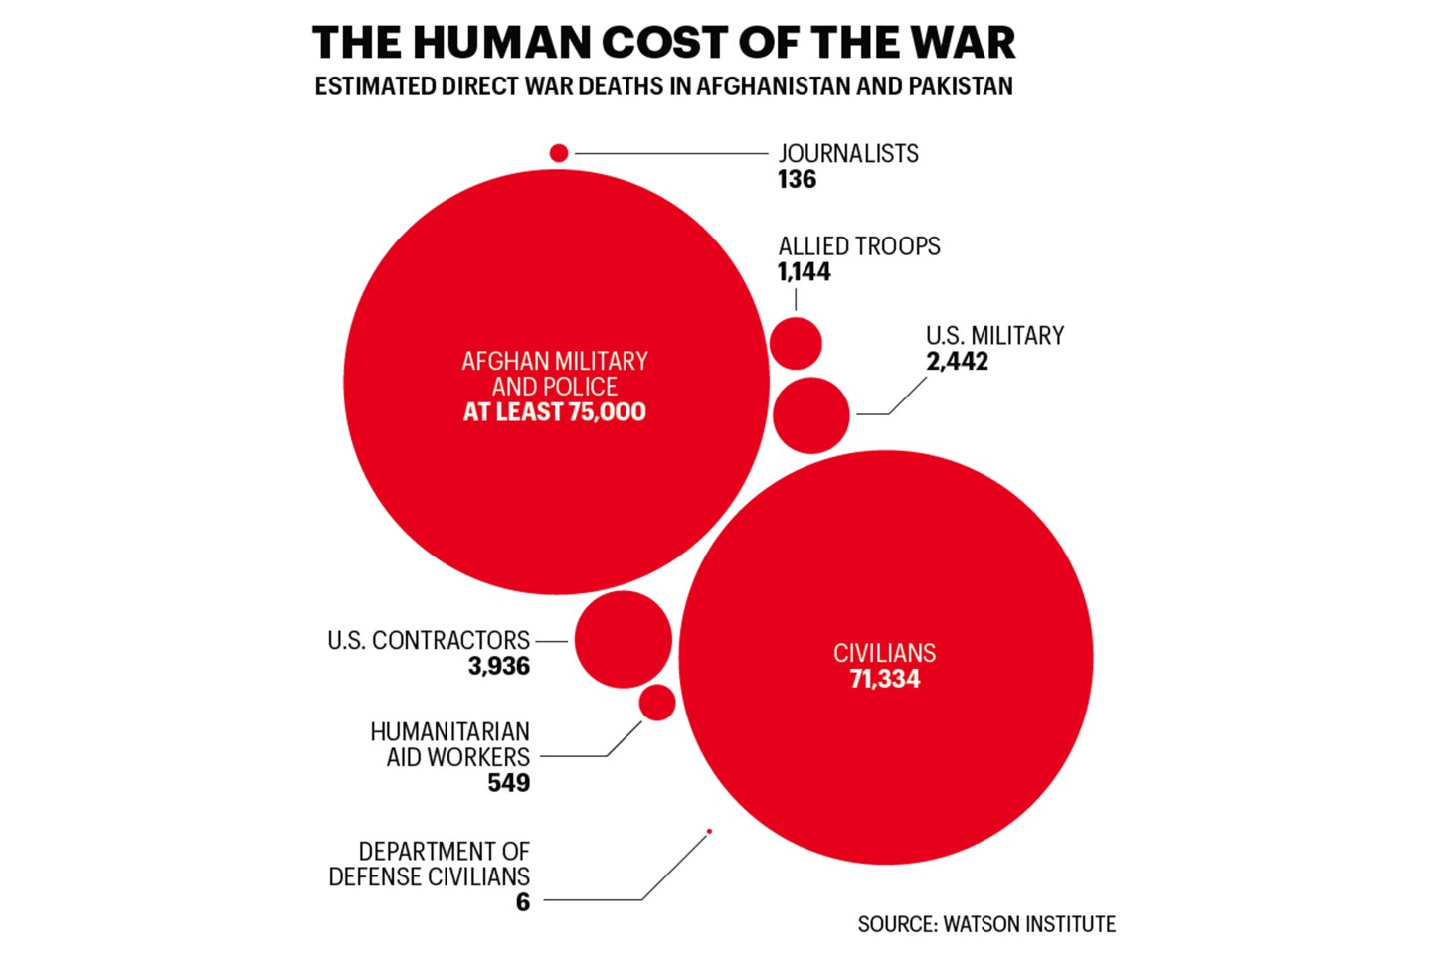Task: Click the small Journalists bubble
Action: click(559, 153)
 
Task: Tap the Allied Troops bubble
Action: click(796, 344)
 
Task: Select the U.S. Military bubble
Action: click(811, 415)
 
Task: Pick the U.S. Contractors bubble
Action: click(624, 640)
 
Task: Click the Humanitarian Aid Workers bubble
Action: click(657, 703)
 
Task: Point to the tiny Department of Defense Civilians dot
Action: click(709, 831)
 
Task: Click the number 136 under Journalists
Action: click(797, 180)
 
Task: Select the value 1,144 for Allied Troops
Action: click(804, 272)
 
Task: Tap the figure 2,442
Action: click(957, 362)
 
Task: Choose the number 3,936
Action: click(499, 666)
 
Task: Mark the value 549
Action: click(508, 783)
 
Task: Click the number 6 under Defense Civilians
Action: click(523, 902)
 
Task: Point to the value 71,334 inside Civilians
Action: click(885, 680)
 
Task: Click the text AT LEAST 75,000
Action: click(555, 412)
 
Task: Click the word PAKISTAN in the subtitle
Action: click(960, 86)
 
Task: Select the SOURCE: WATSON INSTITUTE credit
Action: click(986, 924)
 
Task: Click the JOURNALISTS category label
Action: click(848, 154)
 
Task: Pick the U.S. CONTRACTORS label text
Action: click(429, 641)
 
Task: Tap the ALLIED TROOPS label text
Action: click(859, 246)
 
